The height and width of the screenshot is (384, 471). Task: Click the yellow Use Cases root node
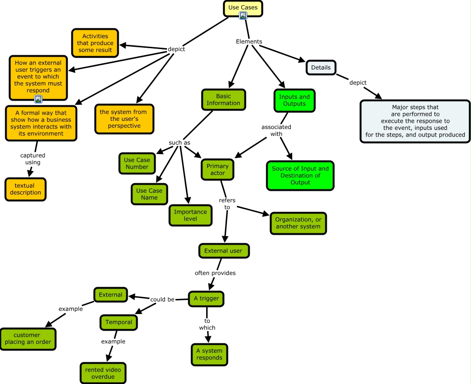(243, 8)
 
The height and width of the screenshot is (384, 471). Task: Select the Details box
(321, 68)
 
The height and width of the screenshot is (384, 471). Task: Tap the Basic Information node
(224, 100)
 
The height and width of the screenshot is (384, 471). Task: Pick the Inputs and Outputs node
(294, 100)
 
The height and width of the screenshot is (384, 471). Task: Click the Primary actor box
(218, 170)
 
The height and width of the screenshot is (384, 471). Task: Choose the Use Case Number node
(137, 163)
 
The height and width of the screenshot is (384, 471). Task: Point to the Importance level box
(191, 215)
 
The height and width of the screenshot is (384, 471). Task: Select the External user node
(224, 251)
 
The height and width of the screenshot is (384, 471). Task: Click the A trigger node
(206, 299)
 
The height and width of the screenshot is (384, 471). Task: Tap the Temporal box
(119, 322)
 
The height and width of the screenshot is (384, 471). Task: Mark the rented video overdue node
(103, 373)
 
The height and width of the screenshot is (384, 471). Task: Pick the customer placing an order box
(28, 339)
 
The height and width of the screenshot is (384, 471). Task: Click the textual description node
(25, 189)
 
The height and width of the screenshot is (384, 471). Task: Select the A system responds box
(209, 354)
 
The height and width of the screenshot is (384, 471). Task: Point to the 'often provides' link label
(215, 273)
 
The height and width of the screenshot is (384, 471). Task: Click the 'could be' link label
(162, 299)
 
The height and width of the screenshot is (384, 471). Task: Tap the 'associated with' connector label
(276, 130)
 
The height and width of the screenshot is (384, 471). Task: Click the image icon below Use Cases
(243, 16)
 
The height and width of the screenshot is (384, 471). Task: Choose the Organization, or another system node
(298, 223)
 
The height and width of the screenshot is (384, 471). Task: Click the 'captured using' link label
(33, 159)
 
